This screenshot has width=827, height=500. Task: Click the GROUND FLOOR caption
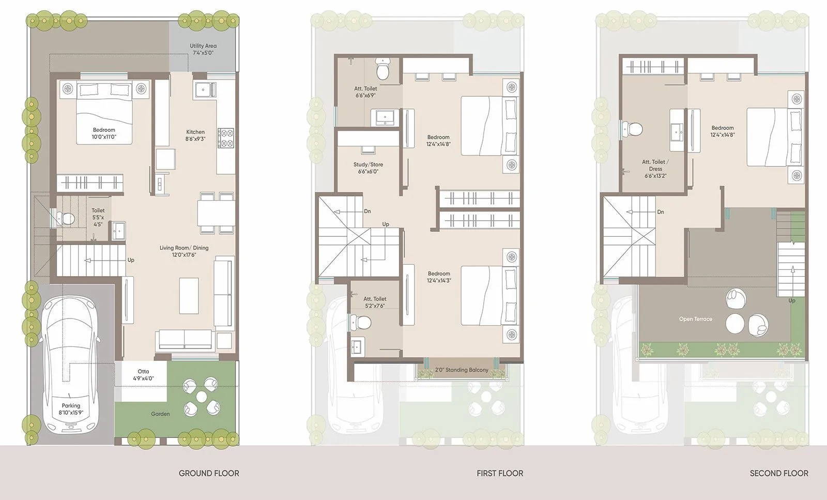[209, 473]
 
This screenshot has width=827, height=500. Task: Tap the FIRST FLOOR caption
[500, 473]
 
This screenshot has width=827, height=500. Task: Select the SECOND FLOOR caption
[779, 473]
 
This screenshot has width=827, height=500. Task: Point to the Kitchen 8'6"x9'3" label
[195, 135]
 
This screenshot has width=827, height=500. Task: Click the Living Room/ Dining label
[184, 251]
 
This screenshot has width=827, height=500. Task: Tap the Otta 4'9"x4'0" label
[143, 375]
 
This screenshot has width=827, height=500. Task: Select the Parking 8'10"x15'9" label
[71, 409]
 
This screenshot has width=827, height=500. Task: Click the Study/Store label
[368, 168]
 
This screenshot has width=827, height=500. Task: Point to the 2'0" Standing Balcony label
[462, 370]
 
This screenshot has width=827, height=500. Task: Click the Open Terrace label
[695, 319]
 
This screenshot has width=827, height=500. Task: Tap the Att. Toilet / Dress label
[655, 169]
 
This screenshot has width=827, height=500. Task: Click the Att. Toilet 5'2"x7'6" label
[375, 302]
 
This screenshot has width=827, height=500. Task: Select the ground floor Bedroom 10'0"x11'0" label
[104, 133]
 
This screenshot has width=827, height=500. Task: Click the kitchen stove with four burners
[226, 138]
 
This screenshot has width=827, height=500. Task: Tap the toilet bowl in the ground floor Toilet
[66, 219]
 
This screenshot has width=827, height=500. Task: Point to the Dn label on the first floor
[367, 211]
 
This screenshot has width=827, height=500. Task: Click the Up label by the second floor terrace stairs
[791, 300]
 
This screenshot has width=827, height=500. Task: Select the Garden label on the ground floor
[160, 414]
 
